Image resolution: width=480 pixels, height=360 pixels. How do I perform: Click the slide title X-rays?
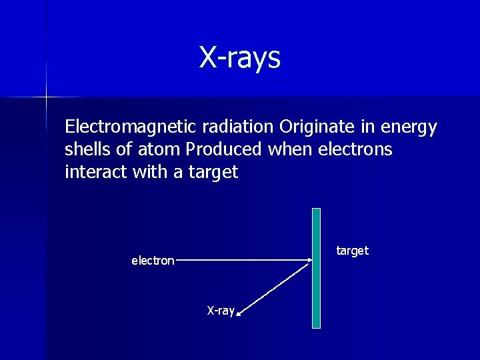tap(239, 57)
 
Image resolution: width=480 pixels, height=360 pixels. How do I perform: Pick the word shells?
tap(86, 149)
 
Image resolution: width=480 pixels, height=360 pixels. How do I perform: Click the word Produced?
tap(225, 149)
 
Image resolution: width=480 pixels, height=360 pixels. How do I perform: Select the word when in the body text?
tap(289, 149)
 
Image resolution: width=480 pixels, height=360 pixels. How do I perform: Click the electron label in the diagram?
tap(153, 261)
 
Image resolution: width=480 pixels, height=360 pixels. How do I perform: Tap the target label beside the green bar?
tap(352, 251)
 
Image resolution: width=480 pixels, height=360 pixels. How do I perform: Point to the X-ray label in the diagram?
tap(221, 311)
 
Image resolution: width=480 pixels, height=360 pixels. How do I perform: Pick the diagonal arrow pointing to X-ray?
tap(273, 287)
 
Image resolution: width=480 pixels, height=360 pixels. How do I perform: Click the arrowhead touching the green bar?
tap(309, 261)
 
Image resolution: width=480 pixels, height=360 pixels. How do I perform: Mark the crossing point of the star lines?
tap(46, 97)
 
